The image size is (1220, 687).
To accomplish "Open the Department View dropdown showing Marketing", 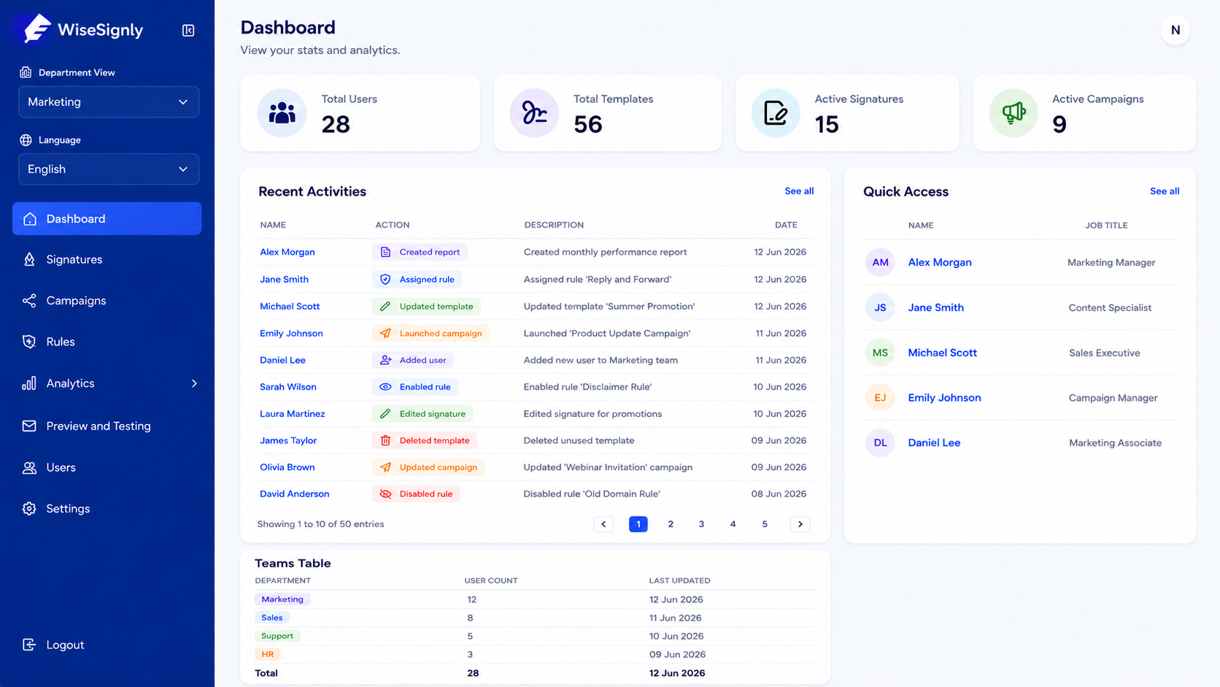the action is [109, 102].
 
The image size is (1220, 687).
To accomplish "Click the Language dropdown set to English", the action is [109, 169].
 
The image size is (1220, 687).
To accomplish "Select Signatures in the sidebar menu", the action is [74, 259].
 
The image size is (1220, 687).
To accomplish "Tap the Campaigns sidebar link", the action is [76, 301].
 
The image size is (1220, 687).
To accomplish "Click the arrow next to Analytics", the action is [194, 383].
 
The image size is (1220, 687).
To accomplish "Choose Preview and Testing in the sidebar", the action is [98, 426].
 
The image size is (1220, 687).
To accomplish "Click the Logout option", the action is [65, 645].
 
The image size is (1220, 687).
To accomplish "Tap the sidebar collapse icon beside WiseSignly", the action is [188, 31].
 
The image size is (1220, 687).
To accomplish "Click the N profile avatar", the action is [1175, 30].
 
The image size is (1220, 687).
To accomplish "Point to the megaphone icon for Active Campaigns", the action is [1013, 112].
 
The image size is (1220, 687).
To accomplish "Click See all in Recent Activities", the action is [799, 191].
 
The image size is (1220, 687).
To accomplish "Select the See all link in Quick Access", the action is [1165, 191].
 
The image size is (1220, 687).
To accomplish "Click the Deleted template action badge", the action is [425, 440].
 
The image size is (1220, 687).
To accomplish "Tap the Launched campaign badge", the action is [431, 333].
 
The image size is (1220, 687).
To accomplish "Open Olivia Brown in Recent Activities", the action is [287, 467].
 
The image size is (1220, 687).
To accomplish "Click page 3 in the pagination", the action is [701, 524].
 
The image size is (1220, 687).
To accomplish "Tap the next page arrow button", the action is [800, 524].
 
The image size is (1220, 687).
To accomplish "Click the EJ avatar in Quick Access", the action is [879, 398].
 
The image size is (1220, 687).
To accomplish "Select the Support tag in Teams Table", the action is [277, 636].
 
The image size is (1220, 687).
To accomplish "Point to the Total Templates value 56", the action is [587, 124].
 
